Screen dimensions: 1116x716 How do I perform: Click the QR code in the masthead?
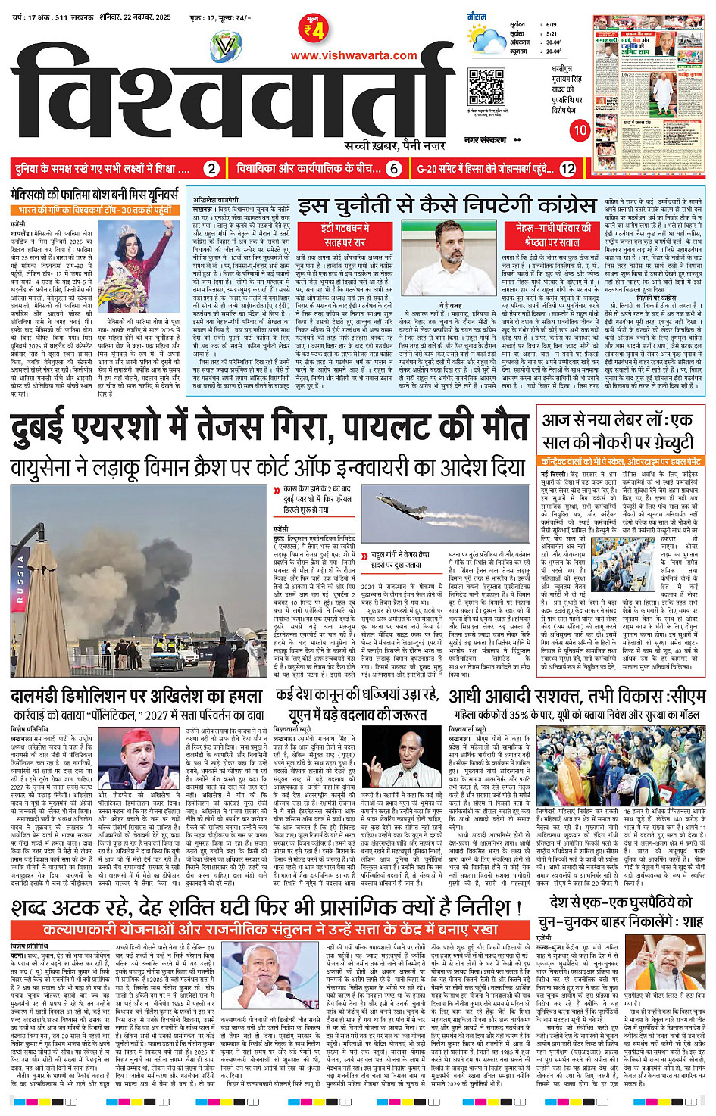(x=486, y=86)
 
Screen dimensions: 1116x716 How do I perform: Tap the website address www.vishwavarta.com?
(x=354, y=55)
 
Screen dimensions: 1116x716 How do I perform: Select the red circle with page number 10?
(x=580, y=130)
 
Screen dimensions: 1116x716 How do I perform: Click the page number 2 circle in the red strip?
(x=212, y=169)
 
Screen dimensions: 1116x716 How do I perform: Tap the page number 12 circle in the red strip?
(x=567, y=169)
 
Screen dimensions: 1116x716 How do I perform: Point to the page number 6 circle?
(x=393, y=169)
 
